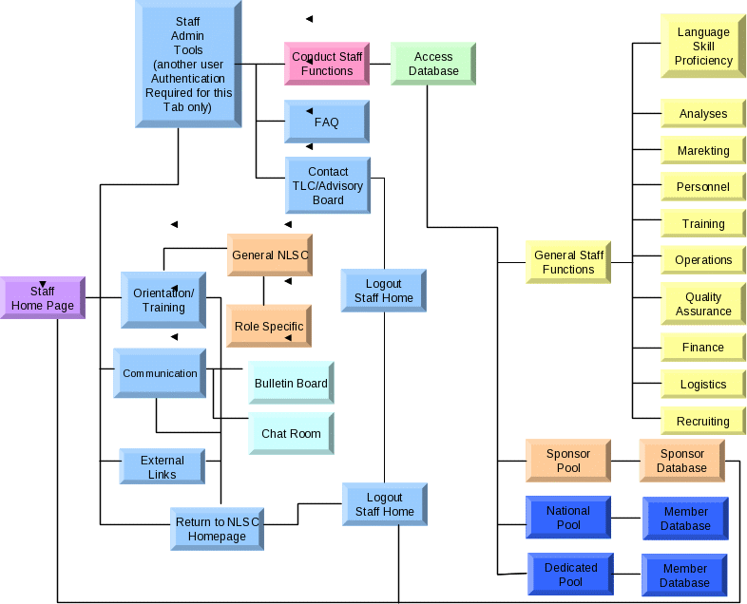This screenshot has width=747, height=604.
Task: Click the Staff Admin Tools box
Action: tap(188, 64)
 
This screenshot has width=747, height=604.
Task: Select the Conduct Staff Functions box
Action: tap(326, 64)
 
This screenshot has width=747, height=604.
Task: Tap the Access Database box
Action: tap(433, 64)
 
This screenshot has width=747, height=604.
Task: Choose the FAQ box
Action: tap(326, 122)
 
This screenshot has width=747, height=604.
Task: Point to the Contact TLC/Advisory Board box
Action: tap(328, 185)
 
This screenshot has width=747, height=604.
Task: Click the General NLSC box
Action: tap(269, 255)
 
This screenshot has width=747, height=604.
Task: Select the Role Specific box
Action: tap(269, 326)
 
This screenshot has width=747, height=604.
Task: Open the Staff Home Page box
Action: tap(43, 297)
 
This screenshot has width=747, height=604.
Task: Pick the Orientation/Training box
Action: tap(163, 300)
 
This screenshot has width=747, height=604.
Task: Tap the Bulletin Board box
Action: tap(291, 384)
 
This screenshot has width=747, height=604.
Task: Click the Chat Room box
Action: tap(291, 433)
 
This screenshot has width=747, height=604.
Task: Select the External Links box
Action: tap(162, 466)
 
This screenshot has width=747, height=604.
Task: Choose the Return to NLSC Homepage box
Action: tap(217, 529)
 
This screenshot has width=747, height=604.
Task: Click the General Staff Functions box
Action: tap(568, 262)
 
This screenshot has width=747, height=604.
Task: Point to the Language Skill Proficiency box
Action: tap(703, 46)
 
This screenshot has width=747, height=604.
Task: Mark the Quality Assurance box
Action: tap(703, 304)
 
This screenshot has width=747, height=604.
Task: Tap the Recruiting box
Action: tap(703, 421)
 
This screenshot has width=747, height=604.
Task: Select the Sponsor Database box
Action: tap(681, 461)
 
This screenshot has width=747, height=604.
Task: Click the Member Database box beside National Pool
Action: tap(685, 519)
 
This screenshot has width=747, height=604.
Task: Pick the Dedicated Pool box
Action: tap(570, 575)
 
